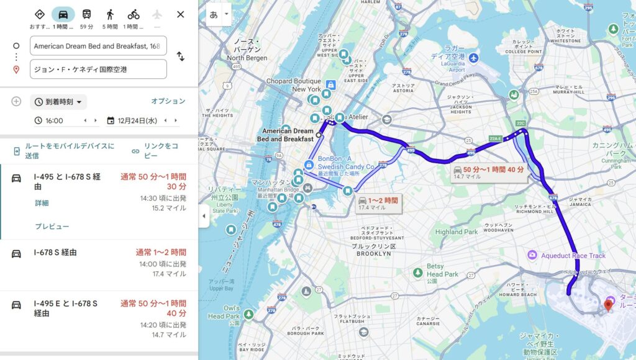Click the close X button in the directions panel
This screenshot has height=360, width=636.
(180, 14)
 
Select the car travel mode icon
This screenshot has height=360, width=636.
(63, 14)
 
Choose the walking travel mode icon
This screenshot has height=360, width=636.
(110, 14)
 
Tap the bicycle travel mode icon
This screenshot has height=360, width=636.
(134, 14)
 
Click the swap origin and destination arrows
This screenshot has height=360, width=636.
(180, 56)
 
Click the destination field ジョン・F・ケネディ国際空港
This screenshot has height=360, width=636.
(98, 70)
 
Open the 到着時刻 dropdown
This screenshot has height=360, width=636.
(59, 102)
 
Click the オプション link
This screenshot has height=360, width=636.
(168, 101)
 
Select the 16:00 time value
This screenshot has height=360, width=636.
(55, 120)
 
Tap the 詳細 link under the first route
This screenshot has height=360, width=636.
(42, 203)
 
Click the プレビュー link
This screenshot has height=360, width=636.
(52, 227)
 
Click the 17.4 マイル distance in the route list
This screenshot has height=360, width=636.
(169, 274)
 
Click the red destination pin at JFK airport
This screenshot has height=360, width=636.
(608, 304)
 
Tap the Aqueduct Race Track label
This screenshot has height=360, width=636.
(566, 256)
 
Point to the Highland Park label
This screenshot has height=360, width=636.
(457, 232)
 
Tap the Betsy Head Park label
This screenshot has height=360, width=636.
(442, 270)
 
